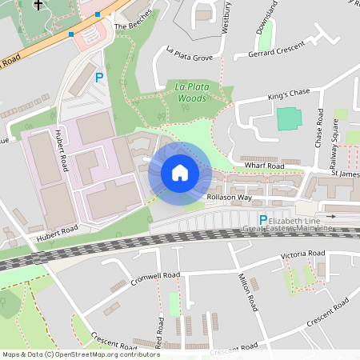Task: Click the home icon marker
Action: coord(179,173)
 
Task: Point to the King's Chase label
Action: coord(287,94)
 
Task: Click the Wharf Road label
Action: coord(265,166)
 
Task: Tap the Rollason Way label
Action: coord(229,197)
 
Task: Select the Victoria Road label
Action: coord(302,254)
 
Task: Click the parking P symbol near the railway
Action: coord(262,220)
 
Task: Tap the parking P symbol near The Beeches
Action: coord(100,78)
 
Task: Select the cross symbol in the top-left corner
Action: coord(38,5)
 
